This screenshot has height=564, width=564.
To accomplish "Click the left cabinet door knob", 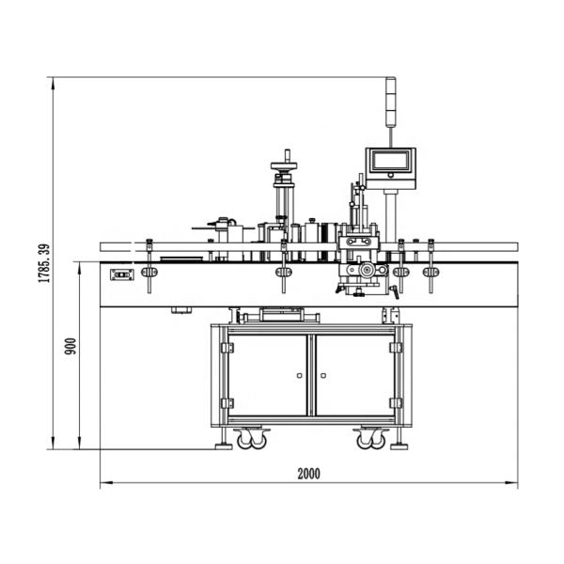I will pos(299,376).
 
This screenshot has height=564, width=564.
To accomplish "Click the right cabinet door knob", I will pos(322,376).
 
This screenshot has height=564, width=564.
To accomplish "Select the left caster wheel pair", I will pos(252,438).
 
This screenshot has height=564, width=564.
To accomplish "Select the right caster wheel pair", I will pos(369,438).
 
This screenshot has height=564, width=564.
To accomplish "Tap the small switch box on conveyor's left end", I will pos(119,275).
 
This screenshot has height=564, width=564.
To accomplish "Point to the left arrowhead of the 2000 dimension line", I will pos(103,484).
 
